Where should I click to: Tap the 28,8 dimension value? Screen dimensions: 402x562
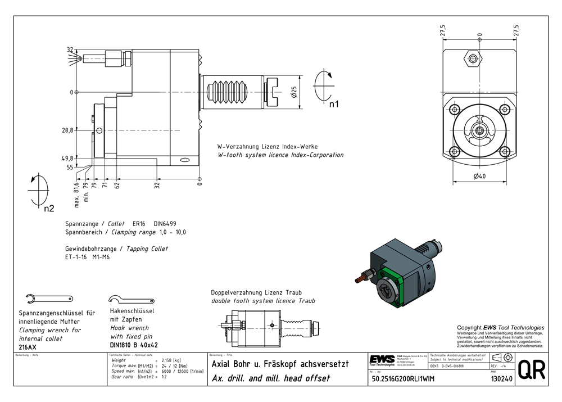click(67, 130)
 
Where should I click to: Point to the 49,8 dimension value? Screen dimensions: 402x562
click(67, 158)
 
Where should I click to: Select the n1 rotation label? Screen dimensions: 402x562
click(334, 104)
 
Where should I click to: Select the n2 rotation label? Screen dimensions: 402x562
click(49, 209)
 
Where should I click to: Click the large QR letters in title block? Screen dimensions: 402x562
click(531, 369)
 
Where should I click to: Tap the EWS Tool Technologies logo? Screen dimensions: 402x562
click(382, 360)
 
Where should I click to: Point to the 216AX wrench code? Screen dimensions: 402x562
click(28, 347)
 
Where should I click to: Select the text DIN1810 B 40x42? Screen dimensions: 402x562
click(134, 345)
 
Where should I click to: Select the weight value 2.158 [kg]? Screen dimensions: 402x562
click(170, 360)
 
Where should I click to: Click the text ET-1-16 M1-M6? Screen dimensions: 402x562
click(87, 258)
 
